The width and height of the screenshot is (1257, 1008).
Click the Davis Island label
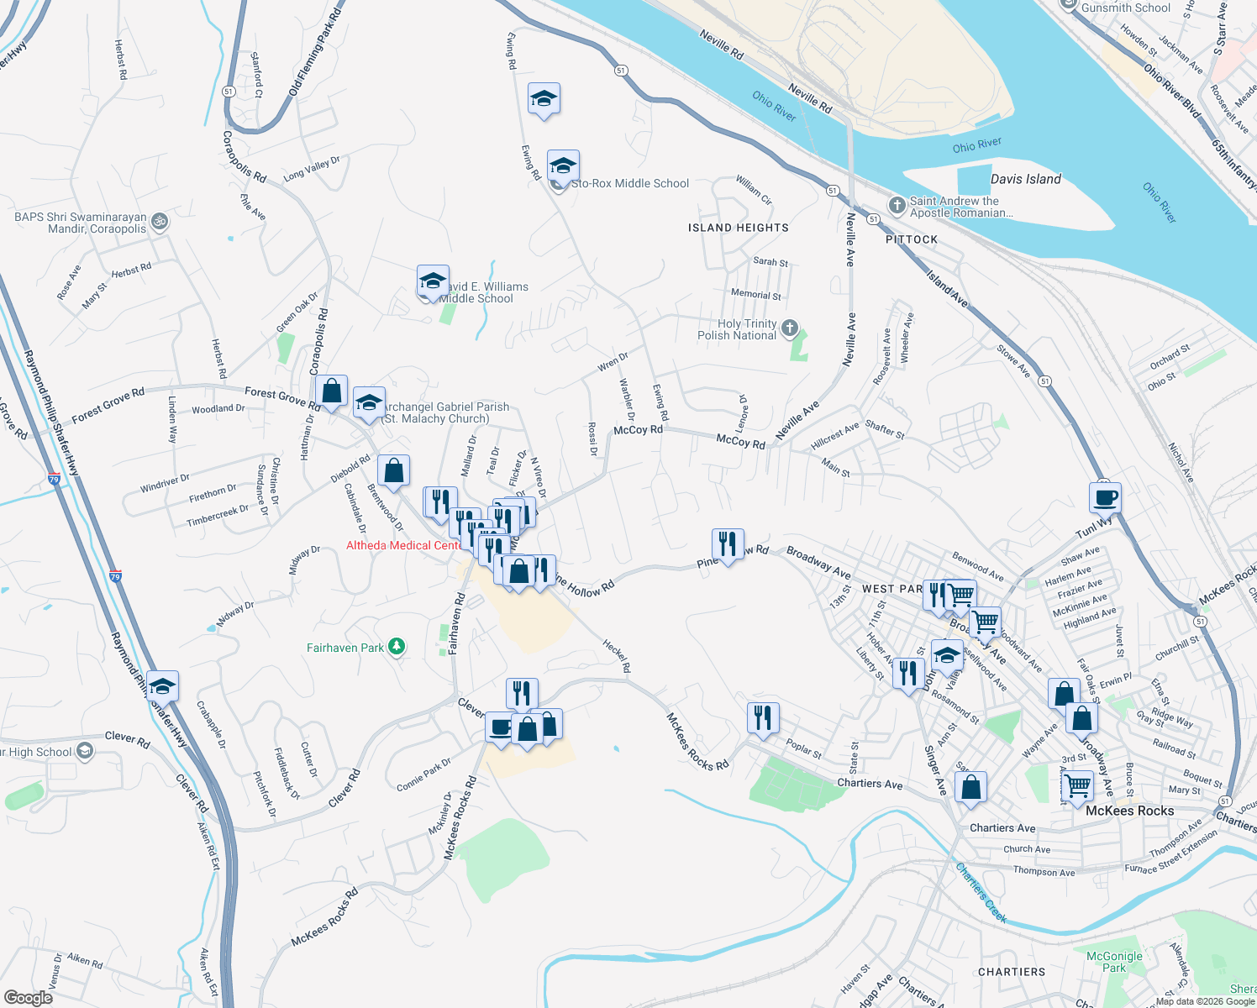pyautogui.click(x=1025, y=179)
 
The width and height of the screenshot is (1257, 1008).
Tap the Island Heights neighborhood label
pyautogui.click(x=738, y=228)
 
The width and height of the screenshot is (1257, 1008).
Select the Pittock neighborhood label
pyautogui.click(x=911, y=239)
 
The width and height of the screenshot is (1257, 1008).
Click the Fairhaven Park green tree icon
pyautogui.click(x=397, y=647)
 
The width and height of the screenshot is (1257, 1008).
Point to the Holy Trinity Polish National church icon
pyautogui.click(x=789, y=328)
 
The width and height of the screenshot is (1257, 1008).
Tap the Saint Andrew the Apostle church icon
pyautogui.click(x=897, y=205)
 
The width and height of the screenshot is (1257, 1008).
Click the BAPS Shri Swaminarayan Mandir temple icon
pyautogui.click(x=160, y=223)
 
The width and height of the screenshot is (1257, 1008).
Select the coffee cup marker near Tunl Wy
pyautogui.click(x=1106, y=497)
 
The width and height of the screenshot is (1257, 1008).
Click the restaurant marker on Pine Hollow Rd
pyautogui.click(x=728, y=544)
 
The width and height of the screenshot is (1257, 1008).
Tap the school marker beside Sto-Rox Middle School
pyautogui.click(x=563, y=165)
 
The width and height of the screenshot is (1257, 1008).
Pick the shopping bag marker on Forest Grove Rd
pyautogui.click(x=332, y=391)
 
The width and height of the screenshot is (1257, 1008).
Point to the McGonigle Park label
pyautogui.click(x=1114, y=962)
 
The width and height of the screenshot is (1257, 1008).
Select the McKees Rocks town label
pyautogui.click(x=1129, y=811)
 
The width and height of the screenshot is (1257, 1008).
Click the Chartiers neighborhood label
pyautogui.click(x=1012, y=972)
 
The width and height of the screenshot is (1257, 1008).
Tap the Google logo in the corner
pyautogui.click(x=29, y=997)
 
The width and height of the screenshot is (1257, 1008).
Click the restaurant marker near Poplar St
pyautogui.click(x=763, y=718)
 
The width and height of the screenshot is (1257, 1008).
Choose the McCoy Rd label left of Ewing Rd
pyautogui.click(x=638, y=430)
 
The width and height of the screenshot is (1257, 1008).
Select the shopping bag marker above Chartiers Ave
pyautogui.click(x=970, y=788)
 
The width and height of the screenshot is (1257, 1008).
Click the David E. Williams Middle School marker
pyautogui.click(x=432, y=281)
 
